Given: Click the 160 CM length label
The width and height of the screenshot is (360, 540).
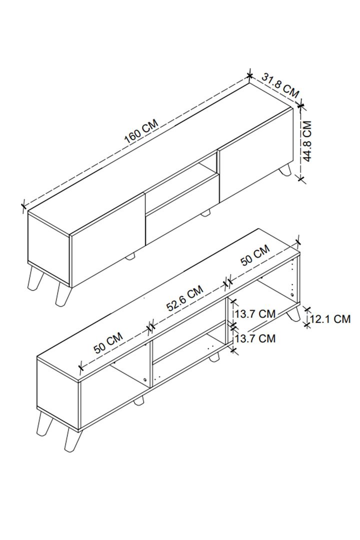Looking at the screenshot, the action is coord(141,131).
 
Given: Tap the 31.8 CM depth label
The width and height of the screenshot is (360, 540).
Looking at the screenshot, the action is coord(280,84).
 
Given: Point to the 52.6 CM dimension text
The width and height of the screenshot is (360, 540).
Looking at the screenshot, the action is coord(184,298).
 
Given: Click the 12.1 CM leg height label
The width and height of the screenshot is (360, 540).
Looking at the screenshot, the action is coord(330,319).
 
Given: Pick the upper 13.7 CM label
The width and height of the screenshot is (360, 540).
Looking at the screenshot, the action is coord(255,313).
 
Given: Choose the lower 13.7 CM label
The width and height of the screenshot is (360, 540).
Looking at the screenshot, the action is coord(255,338).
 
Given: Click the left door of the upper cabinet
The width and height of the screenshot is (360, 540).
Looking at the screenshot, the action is coord(107,240).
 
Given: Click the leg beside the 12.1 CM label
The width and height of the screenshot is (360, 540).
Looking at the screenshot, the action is coord(293,314).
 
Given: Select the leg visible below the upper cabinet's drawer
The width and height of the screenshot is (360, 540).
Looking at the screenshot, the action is coord(205,213).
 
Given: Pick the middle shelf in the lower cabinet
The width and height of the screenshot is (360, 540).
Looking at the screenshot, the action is coord(189,342).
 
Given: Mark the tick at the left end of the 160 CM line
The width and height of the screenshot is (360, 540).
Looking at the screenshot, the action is coord(23,206).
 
